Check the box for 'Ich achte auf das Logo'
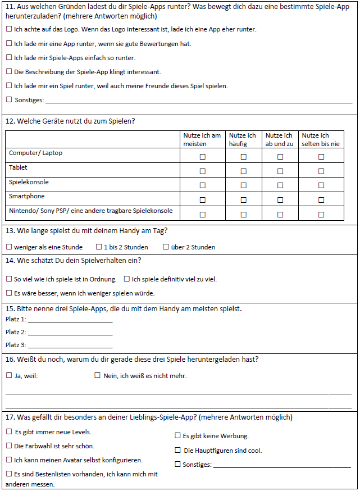click(x=9, y=29)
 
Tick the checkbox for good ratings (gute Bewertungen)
click(x=9, y=43)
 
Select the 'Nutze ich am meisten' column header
click(x=202, y=139)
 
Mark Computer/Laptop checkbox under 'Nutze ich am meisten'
click(x=203, y=157)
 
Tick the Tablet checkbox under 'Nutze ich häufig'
click(x=244, y=171)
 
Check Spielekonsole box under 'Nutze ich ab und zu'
click(x=280, y=185)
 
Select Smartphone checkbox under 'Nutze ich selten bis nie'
click(x=321, y=200)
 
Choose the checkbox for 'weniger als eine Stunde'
click(x=9, y=247)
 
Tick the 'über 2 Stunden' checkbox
click(x=166, y=247)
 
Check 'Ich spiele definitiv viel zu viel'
click(x=127, y=279)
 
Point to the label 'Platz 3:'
click(x=16, y=345)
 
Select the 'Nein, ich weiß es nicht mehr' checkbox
click(x=97, y=375)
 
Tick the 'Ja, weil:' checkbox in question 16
click(x=9, y=375)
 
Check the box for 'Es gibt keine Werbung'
click(x=177, y=435)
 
